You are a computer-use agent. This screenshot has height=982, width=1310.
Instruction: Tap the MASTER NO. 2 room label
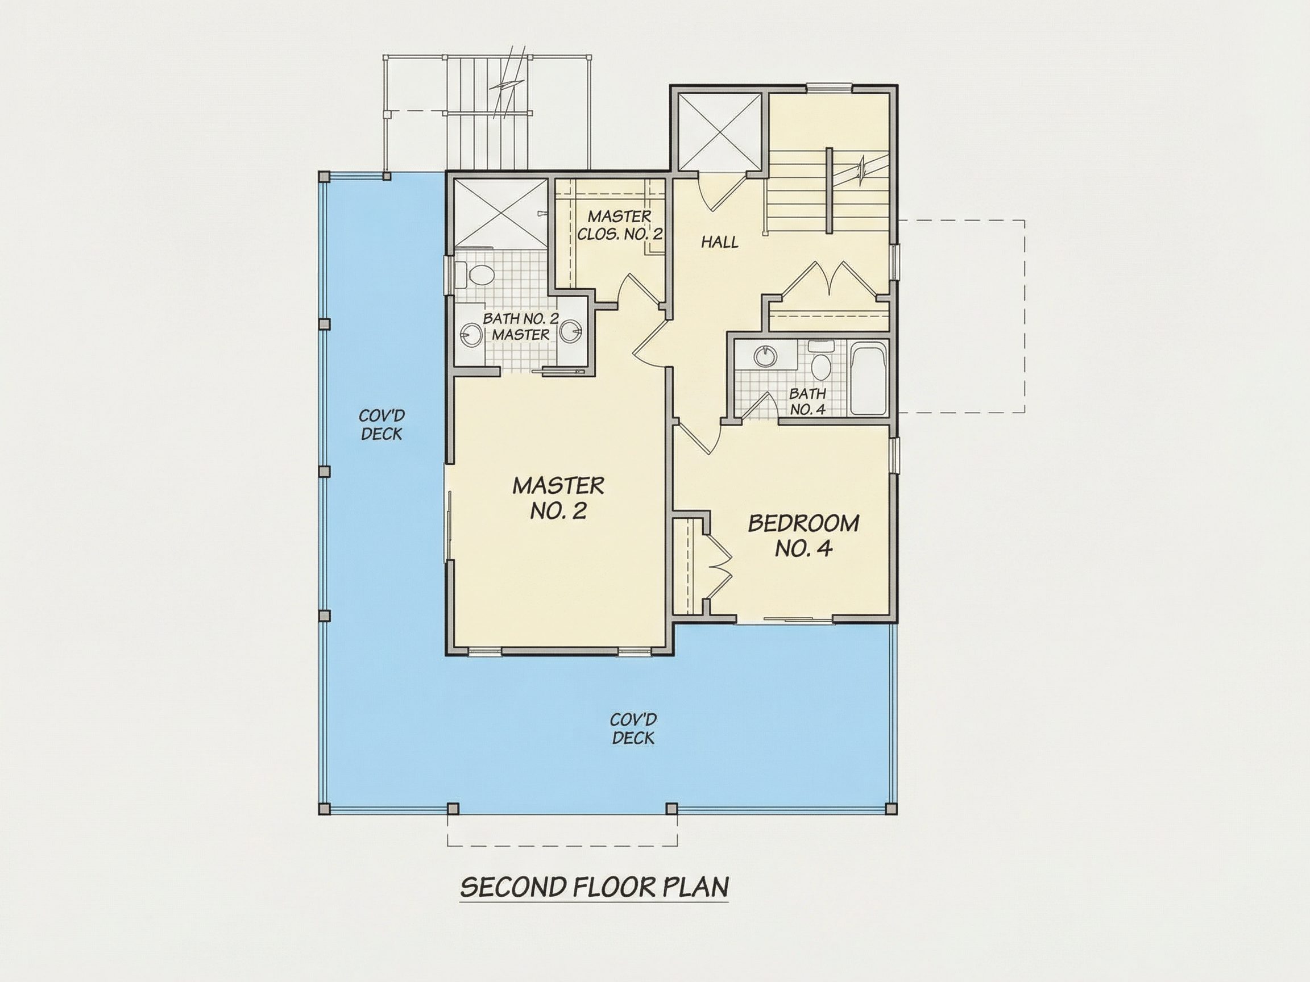pos(558,498)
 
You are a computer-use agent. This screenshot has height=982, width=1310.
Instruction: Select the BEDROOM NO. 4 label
pos(803,536)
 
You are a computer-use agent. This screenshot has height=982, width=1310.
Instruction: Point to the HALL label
pos(720,242)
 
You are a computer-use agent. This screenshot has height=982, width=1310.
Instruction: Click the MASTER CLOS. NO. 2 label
pos(620,225)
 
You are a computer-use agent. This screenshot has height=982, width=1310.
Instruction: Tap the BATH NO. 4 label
pos(807,401)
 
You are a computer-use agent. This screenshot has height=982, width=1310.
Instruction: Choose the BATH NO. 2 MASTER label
pos(521,326)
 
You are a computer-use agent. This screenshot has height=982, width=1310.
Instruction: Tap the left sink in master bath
pos(471,336)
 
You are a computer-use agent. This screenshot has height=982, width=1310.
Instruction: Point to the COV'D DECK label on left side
pos(382,425)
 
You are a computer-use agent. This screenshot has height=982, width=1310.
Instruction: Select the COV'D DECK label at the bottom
pos(633,729)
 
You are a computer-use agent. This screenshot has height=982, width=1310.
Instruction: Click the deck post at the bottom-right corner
pos(890,808)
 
